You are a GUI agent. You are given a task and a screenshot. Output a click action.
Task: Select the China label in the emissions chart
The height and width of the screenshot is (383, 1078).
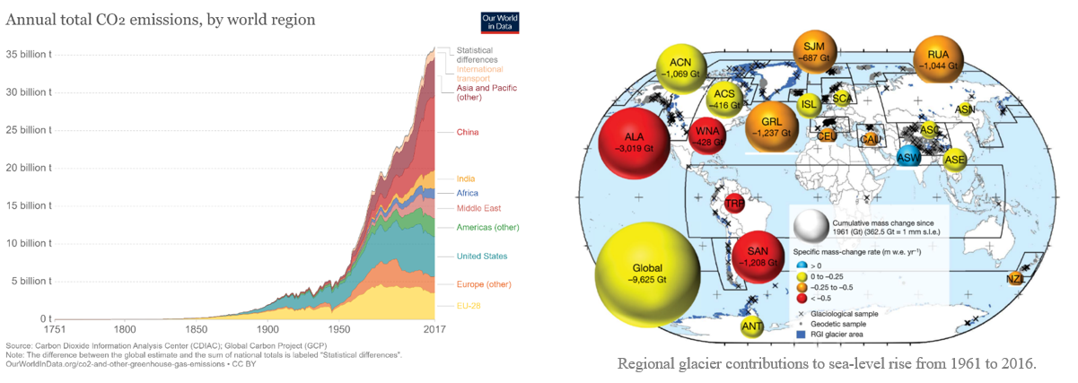[467, 133]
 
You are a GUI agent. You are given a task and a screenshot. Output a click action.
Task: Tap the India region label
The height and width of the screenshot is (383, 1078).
[466, 178]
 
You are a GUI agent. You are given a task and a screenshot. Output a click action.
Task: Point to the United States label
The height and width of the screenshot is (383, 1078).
[481, 257]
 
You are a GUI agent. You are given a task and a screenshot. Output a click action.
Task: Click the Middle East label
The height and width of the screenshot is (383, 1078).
[479, 208]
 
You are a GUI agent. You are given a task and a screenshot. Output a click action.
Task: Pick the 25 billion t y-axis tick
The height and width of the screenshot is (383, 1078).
[29, 130]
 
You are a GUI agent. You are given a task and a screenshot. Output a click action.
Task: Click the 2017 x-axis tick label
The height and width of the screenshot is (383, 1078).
[434, 329]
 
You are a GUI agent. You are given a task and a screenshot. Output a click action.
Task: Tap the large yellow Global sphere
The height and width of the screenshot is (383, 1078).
[647, 273]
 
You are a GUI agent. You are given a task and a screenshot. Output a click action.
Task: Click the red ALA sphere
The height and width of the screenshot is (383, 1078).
[635, 143]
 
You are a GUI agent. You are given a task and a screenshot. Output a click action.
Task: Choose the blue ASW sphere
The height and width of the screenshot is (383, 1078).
[908, 158]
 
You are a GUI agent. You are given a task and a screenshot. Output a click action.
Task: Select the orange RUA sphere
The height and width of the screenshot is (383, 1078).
[938, 59]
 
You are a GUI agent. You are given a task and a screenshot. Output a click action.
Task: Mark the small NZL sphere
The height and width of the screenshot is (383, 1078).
[1015, 279]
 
